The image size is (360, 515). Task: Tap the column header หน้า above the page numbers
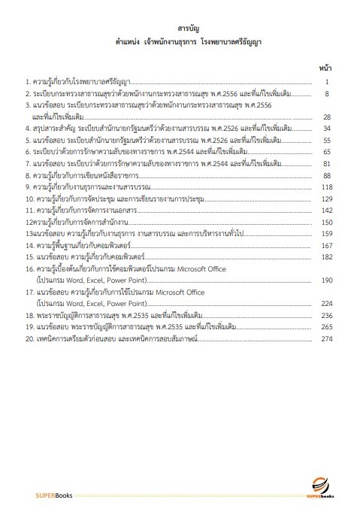pyautogui.click(x=325, y=66)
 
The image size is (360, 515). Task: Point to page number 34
pyautogui.click(x=327, y=129)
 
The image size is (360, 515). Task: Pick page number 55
pyautogui.click(x=327, y=140)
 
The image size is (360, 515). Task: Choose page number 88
pyautogui.click(x=327, y=174)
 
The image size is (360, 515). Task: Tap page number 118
pyautogui.click(x=326, y=186)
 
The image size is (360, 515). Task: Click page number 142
pyautogui.click(x=326, y=210)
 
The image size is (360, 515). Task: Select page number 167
pyautogui.click(x=326, y=245)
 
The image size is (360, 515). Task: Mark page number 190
pyautogui.click(x=326, y=280)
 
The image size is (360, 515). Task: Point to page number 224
pyautogui.click(x=326, y=303)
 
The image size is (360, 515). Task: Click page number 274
pyautogui.click(x=326, y=338)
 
